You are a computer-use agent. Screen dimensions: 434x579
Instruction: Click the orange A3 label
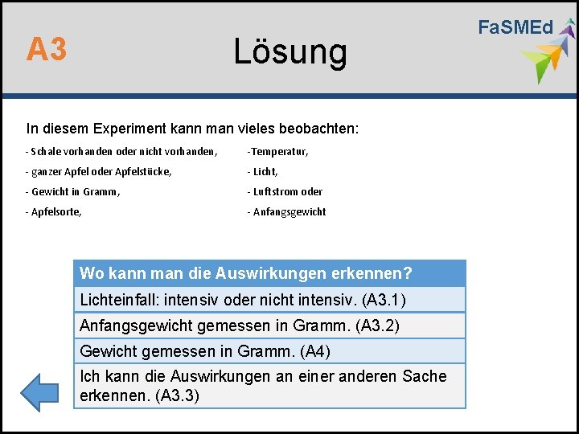pyautogui.click(x=47, y=50)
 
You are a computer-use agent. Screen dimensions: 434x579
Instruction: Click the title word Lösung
pyautogui.click(x=290, y=51)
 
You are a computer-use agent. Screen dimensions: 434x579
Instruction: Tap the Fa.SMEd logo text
pyautogui.click(x=515, y=28)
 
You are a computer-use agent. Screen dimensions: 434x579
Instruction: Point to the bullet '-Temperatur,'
pyautogui.click(x=277, y=151)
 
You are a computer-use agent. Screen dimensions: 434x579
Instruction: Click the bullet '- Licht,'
pyautogui.click(x=262, y=171)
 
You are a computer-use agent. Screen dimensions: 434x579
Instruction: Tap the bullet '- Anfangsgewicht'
pyautogui.click(x=286, y=211)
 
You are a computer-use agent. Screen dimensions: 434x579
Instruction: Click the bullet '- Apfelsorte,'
pyautogui.click(x=54, y=211)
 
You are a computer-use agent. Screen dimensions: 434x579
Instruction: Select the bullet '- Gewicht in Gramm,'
pyautogui.click(x=73, y=191)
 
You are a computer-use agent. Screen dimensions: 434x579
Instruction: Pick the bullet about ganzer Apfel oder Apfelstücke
pyautogui.click(x=99, y=171)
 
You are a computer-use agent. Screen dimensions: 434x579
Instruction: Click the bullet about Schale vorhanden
pyautogui.click(x=121, y=151)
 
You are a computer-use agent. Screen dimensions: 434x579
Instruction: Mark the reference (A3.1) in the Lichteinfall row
pyautogui.click(x=384, y=300)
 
